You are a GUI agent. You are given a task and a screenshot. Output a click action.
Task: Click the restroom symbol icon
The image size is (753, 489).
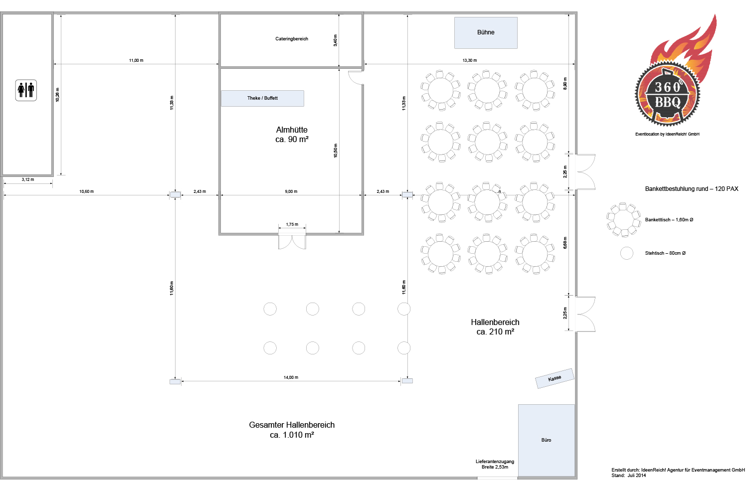(26, 90)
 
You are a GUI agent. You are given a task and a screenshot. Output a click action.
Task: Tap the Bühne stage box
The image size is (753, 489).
(486, 33)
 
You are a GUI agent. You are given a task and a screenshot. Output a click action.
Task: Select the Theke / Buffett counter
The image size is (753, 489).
(262, 98)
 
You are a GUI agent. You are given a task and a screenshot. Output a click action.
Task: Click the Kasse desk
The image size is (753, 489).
(555, 378)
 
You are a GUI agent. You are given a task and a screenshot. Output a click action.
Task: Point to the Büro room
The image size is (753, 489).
(546, 440)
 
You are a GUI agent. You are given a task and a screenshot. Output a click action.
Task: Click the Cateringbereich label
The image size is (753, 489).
(292, 39)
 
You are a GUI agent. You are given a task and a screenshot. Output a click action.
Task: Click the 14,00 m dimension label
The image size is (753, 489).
(291, 377)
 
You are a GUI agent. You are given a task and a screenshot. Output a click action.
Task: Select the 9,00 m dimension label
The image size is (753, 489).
(291, 191)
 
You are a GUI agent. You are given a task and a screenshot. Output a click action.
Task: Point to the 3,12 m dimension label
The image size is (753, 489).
(28, 179)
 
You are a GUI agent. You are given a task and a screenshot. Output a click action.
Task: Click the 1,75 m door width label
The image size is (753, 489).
(292, 224)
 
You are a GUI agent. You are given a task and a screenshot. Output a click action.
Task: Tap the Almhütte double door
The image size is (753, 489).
(292, 241)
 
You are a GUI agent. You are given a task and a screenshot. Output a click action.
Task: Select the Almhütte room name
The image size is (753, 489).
(292, 130)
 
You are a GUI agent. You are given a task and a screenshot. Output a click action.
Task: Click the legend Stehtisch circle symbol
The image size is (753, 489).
(627, 253)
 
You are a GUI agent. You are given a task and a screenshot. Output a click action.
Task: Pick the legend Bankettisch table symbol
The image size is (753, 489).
(623, 220)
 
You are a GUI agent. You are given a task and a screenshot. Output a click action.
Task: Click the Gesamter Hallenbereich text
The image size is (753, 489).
(292, 425)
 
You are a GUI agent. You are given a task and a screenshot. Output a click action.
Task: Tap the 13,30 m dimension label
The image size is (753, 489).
(469, 60)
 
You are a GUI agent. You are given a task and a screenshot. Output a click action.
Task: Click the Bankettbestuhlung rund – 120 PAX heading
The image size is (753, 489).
(691, 189)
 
